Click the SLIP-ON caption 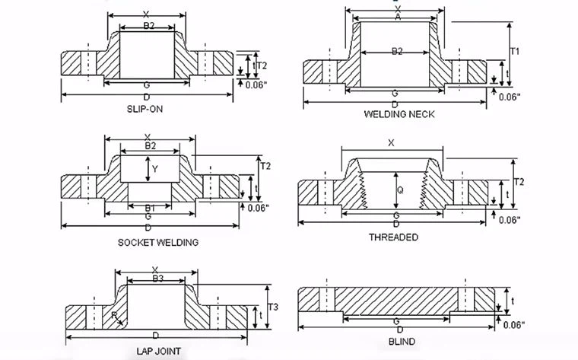[144, 109]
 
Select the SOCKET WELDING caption [158, 242]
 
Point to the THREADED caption [393, 237]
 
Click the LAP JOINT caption [158, 352]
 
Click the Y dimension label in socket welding [154, 168]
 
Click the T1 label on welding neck [515, 52]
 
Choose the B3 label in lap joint [157, 279]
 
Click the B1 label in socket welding [151, 208]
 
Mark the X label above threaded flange [392, 142]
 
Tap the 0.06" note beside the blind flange [513, 326]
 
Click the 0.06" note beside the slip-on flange [255, 85]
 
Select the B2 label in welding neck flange [396, 51]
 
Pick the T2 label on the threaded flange [519, 182]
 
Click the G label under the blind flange [398, 322]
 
